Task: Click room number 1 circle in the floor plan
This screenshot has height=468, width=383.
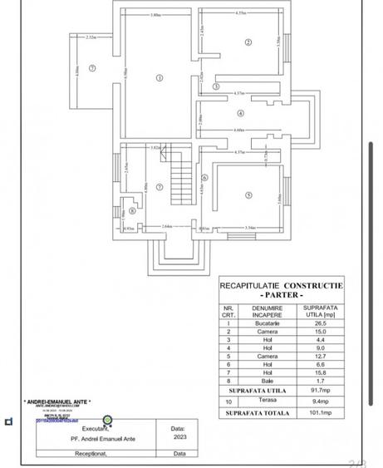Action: (x=158, y=78)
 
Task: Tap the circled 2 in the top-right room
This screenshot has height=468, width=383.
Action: (x=248, y=42)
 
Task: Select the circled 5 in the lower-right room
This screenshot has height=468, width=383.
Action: (x=248, y=195)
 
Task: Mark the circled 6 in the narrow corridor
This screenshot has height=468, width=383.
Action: (x=204, y=177)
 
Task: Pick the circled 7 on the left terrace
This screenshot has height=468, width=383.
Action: (x=92, y=67)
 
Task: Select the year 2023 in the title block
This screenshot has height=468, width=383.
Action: (x=178, y=436)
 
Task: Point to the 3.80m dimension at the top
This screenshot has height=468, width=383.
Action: (x=156, y=15)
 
